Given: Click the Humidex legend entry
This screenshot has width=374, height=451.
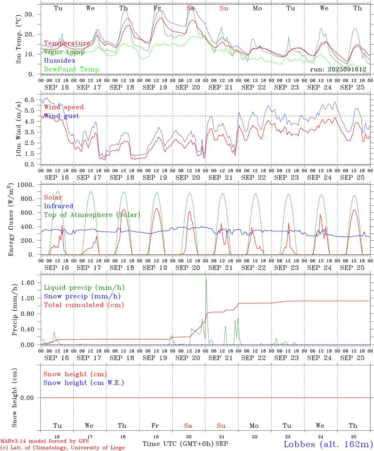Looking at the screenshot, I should click(x=60, y=61).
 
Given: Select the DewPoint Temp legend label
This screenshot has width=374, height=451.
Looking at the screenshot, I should click(x=71, y=70).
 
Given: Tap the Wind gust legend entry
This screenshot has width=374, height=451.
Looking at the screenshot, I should click(x=61, y=116).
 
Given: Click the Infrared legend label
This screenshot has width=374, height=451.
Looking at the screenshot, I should click(x=59, y=206).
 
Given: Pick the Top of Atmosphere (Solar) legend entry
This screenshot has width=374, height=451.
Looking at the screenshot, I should click(x=92, y=215).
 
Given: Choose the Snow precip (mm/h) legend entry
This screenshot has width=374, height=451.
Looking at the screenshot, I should click(x=82, y=296).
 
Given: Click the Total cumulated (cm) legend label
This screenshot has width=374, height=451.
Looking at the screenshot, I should click(x=84, y=305).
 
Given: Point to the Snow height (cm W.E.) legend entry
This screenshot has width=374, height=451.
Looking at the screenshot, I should click(x=83, y=383).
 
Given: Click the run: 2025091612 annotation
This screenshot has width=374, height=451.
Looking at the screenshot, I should click(x=340, y=70).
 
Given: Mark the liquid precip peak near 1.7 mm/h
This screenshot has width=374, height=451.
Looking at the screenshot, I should click(x=206, y=278).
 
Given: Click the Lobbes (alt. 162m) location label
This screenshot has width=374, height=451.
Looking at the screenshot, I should click(x=328, y=444).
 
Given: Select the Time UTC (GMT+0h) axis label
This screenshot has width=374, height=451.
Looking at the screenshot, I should click(x=178, y=444).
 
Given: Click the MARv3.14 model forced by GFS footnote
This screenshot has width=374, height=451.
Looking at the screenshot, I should click(x=44, y=441).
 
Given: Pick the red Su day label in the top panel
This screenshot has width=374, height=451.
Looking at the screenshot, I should click(x=224, y=8).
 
